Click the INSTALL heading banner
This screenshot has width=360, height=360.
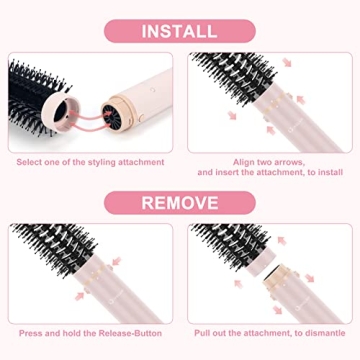tap(178, 31)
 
